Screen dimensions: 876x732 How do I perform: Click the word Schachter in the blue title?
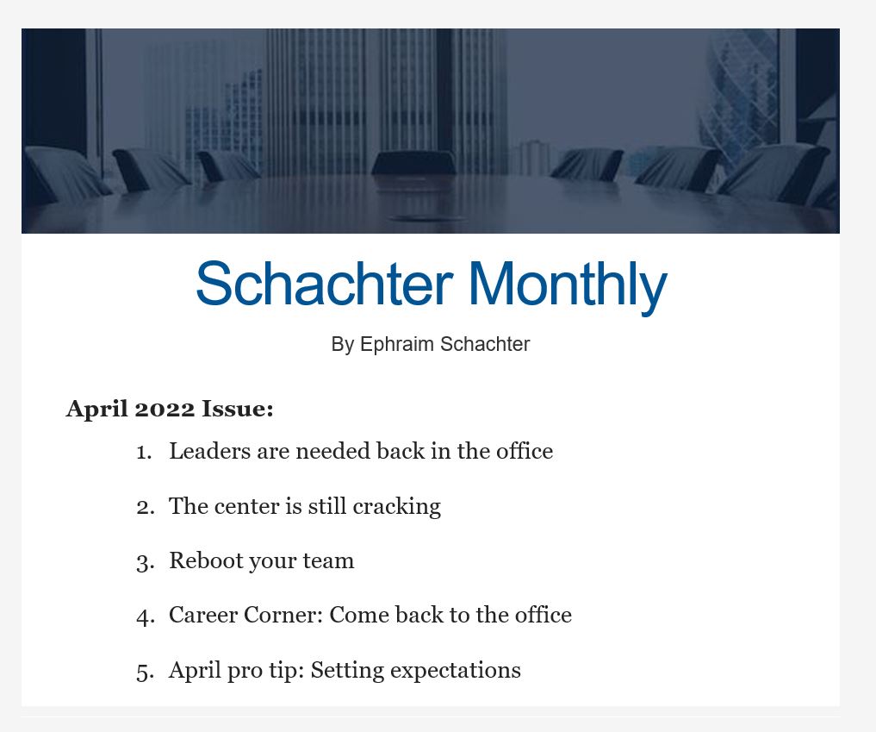coord(325,283)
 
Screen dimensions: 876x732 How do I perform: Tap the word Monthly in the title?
coord(568,286)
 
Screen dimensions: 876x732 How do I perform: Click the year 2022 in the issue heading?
coord(165,409)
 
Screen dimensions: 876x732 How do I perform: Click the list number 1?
coord(144,453)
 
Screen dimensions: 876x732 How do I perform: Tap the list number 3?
coord(145,562)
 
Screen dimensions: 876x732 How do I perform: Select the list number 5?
coord(145,672)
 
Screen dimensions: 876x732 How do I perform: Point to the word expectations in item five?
coord(456,671)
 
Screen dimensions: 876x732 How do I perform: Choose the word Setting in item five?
coord(347,671)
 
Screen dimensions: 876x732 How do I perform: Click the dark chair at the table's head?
coord(413,162)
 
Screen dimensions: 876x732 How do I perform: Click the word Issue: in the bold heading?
coord(238,409)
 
